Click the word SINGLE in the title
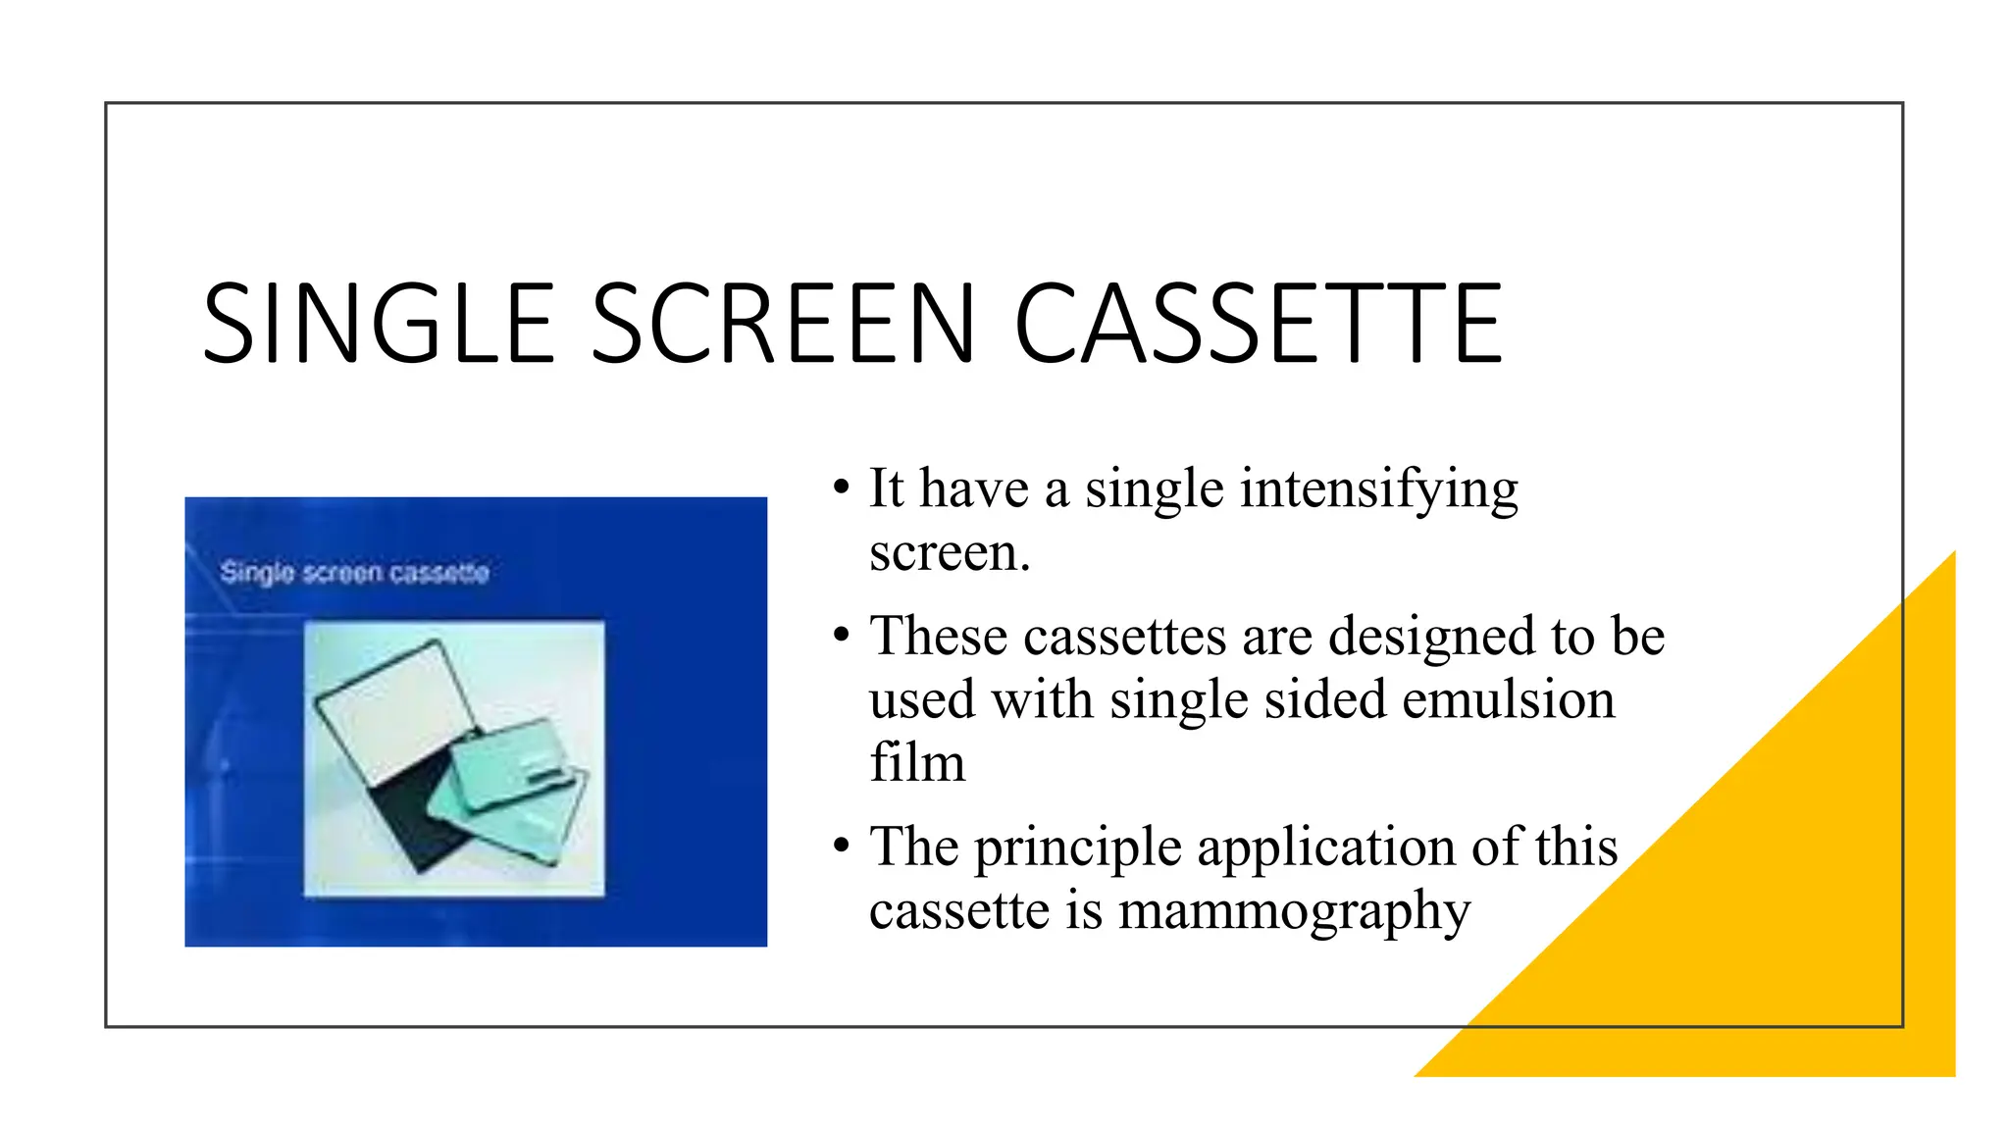pyautogui.click(x=379, y=324)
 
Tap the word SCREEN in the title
pyautogui.click(x=785, y=324)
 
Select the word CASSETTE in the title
pyautogui.click(x=1258, y=324)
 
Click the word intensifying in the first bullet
pyautogui.click(x=1378, y=489)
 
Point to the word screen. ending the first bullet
pyautogui.click(x=949, y=552)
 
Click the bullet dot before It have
pyautogui.click(x=841, y=488)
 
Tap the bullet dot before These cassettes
pyautogui.click(x=841, y=636)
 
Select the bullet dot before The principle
pyautogui.click(x=841, y=846)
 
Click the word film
pyautogui.click(x=916, y=763)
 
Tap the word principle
pyautogui.click(x=1077, y=847)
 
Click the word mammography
pyautogui.click(x=1294, y=911)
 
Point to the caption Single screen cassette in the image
pyautogui.click(x=354, y=572)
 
